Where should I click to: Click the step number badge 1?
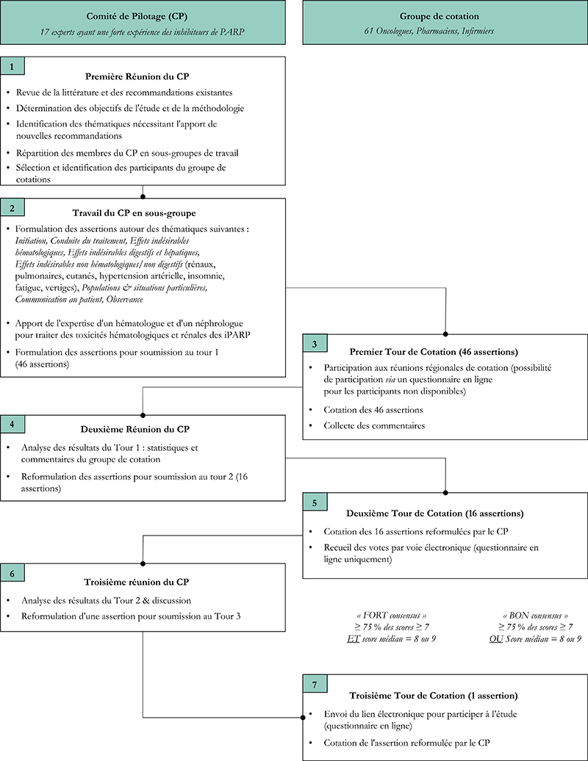coord(12,66)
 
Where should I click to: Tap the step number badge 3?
coord(315,344)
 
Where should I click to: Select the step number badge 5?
coord(315,502)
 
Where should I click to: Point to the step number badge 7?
coord(315,684)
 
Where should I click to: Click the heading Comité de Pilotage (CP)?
coord(137,16)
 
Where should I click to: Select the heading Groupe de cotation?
coord(440,16)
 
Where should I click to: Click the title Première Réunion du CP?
coord(137,76)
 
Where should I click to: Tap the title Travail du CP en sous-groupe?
coord(134,213)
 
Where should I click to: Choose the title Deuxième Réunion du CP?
coord(135,429)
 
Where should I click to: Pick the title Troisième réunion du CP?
coord(137,582)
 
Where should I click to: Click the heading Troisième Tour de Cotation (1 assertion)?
coord(434,696)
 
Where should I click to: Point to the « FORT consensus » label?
coord(391,616)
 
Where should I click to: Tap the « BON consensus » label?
coord(536,616)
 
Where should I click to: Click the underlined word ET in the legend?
coord(353,639)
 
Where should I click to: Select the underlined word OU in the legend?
coord(496,639)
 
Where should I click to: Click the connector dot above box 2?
coord(143,197)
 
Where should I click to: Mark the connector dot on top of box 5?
coord(445,493)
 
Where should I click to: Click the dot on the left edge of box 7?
coord(303,718)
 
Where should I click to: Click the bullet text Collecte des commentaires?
coord(374,425)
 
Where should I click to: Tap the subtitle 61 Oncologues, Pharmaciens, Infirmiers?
coord(429,31)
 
